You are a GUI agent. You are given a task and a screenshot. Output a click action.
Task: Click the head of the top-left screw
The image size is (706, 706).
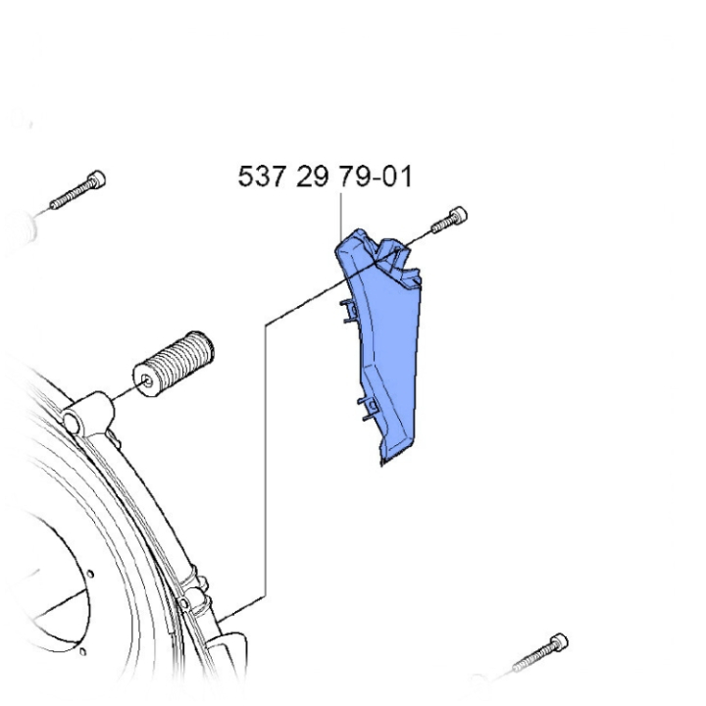(95, 180)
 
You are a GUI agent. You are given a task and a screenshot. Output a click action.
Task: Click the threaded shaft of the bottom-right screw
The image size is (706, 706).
(529, 662)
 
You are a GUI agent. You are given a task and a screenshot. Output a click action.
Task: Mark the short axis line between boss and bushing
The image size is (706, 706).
(123, 394)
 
